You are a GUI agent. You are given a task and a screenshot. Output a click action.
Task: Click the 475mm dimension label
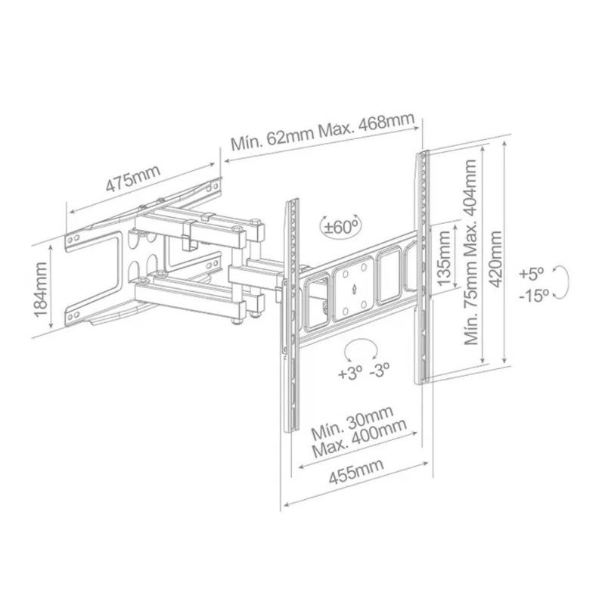click(132, 178)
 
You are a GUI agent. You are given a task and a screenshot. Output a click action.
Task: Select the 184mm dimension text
click(41, 290)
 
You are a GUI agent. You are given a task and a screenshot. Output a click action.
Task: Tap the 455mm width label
click(356, 471)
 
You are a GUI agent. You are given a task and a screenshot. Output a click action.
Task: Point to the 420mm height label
click(495, 259)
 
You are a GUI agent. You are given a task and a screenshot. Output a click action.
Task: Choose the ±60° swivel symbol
click(341, 226)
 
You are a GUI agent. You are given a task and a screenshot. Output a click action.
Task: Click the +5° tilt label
click(532, 274)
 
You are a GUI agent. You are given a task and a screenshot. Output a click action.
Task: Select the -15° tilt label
click(534, 296)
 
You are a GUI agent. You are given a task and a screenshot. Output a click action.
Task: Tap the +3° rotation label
click(350, 373)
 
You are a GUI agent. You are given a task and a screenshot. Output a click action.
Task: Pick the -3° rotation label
click(380, 371)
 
